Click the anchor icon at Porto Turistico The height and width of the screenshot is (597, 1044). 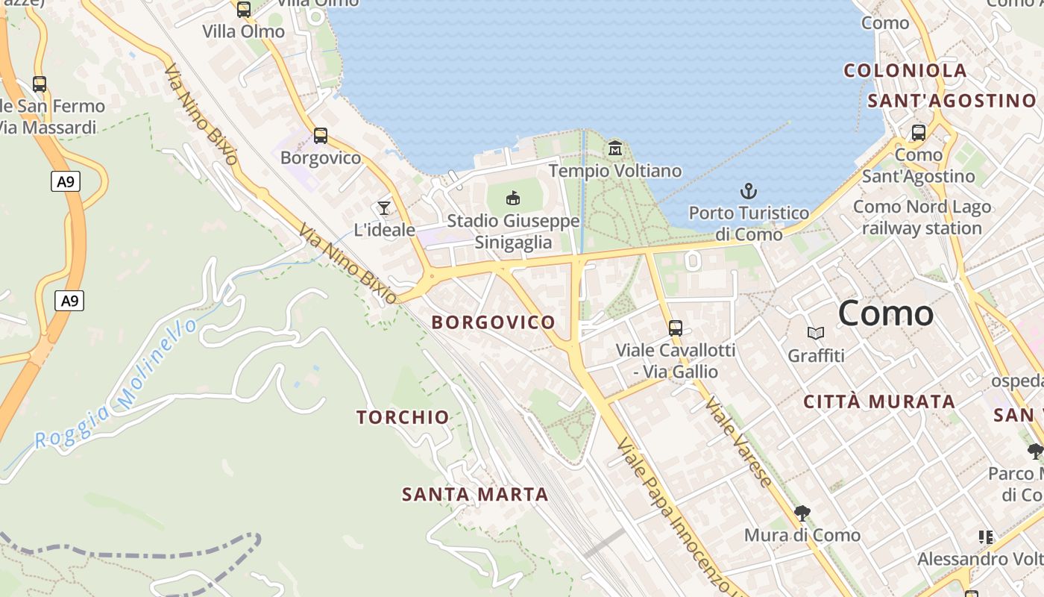(748, 191)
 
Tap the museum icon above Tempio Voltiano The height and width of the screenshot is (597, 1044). (615, 149)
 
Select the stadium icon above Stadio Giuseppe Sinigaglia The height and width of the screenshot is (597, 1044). (513, 199)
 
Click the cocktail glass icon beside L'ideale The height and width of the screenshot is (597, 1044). (384, 208)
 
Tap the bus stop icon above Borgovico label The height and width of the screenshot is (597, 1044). (321, 136)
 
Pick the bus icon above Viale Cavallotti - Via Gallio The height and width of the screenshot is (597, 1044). (676, 328)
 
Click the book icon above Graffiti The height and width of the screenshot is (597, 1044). (817, 333)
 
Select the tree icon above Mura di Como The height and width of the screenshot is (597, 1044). (802, 513)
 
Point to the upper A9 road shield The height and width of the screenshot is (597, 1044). (66, 181)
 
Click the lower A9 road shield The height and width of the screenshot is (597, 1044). (69, 301)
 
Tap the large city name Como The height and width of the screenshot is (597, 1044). (885, 313)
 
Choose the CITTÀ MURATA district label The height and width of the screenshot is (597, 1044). (879, 401)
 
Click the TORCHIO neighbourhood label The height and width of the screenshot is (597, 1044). (403, 417)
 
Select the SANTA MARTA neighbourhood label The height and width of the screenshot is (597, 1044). (475, 494)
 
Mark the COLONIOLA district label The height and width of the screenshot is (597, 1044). (905, 71)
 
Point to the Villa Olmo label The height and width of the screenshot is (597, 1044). (244, 31)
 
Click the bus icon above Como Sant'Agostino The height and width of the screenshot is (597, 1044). (919, 133)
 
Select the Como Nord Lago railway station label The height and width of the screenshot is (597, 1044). (922, 217)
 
